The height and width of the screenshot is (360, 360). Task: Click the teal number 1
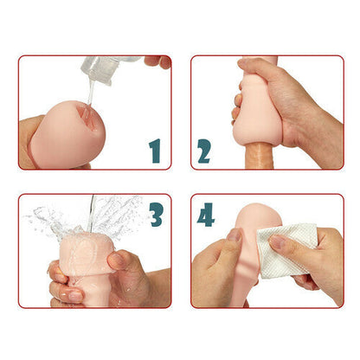pyautogui.click(x=155, y=151)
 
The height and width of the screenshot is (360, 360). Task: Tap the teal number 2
pyautogui.click(x=205, y=151)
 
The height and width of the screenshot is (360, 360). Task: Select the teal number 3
pyautogui.click(x=156, y=214)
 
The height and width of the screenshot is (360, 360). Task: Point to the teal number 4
pyautogui.click(x=206, y=214)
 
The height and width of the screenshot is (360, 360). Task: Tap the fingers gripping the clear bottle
pyautogui.click(x=157, y=61)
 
